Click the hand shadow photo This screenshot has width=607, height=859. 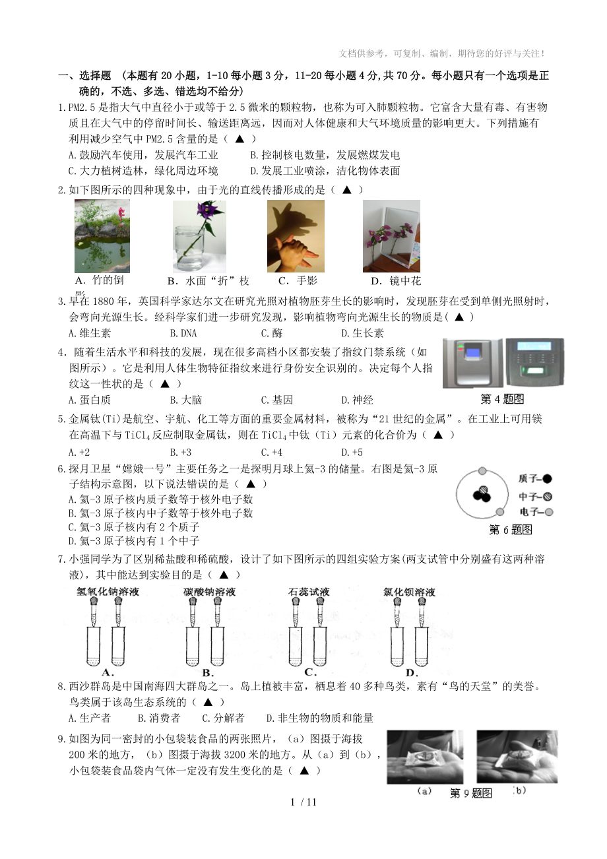tap(296, 236)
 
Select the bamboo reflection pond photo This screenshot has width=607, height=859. tap(102, 236)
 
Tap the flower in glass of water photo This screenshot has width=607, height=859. tap(199, 236)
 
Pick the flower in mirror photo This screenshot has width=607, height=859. tap(391, 236)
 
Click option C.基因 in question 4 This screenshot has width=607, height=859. tap(277, 400)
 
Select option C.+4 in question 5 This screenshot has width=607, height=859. tap(272, 452)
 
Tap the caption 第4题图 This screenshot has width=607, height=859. tap(502, 398)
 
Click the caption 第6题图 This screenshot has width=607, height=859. tap(510, 530)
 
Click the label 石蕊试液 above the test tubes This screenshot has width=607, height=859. tap(309, 592)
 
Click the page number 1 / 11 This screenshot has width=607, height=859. tap(303, 802)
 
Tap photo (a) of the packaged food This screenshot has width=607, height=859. tap(425, 757)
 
